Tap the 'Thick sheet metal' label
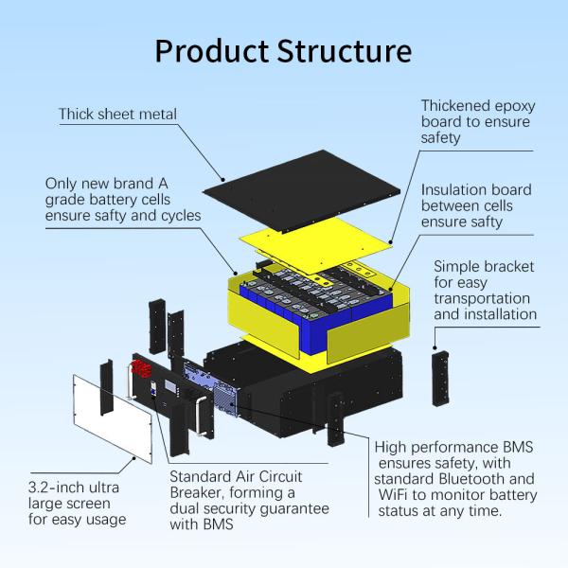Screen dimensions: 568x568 coord(117,115)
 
